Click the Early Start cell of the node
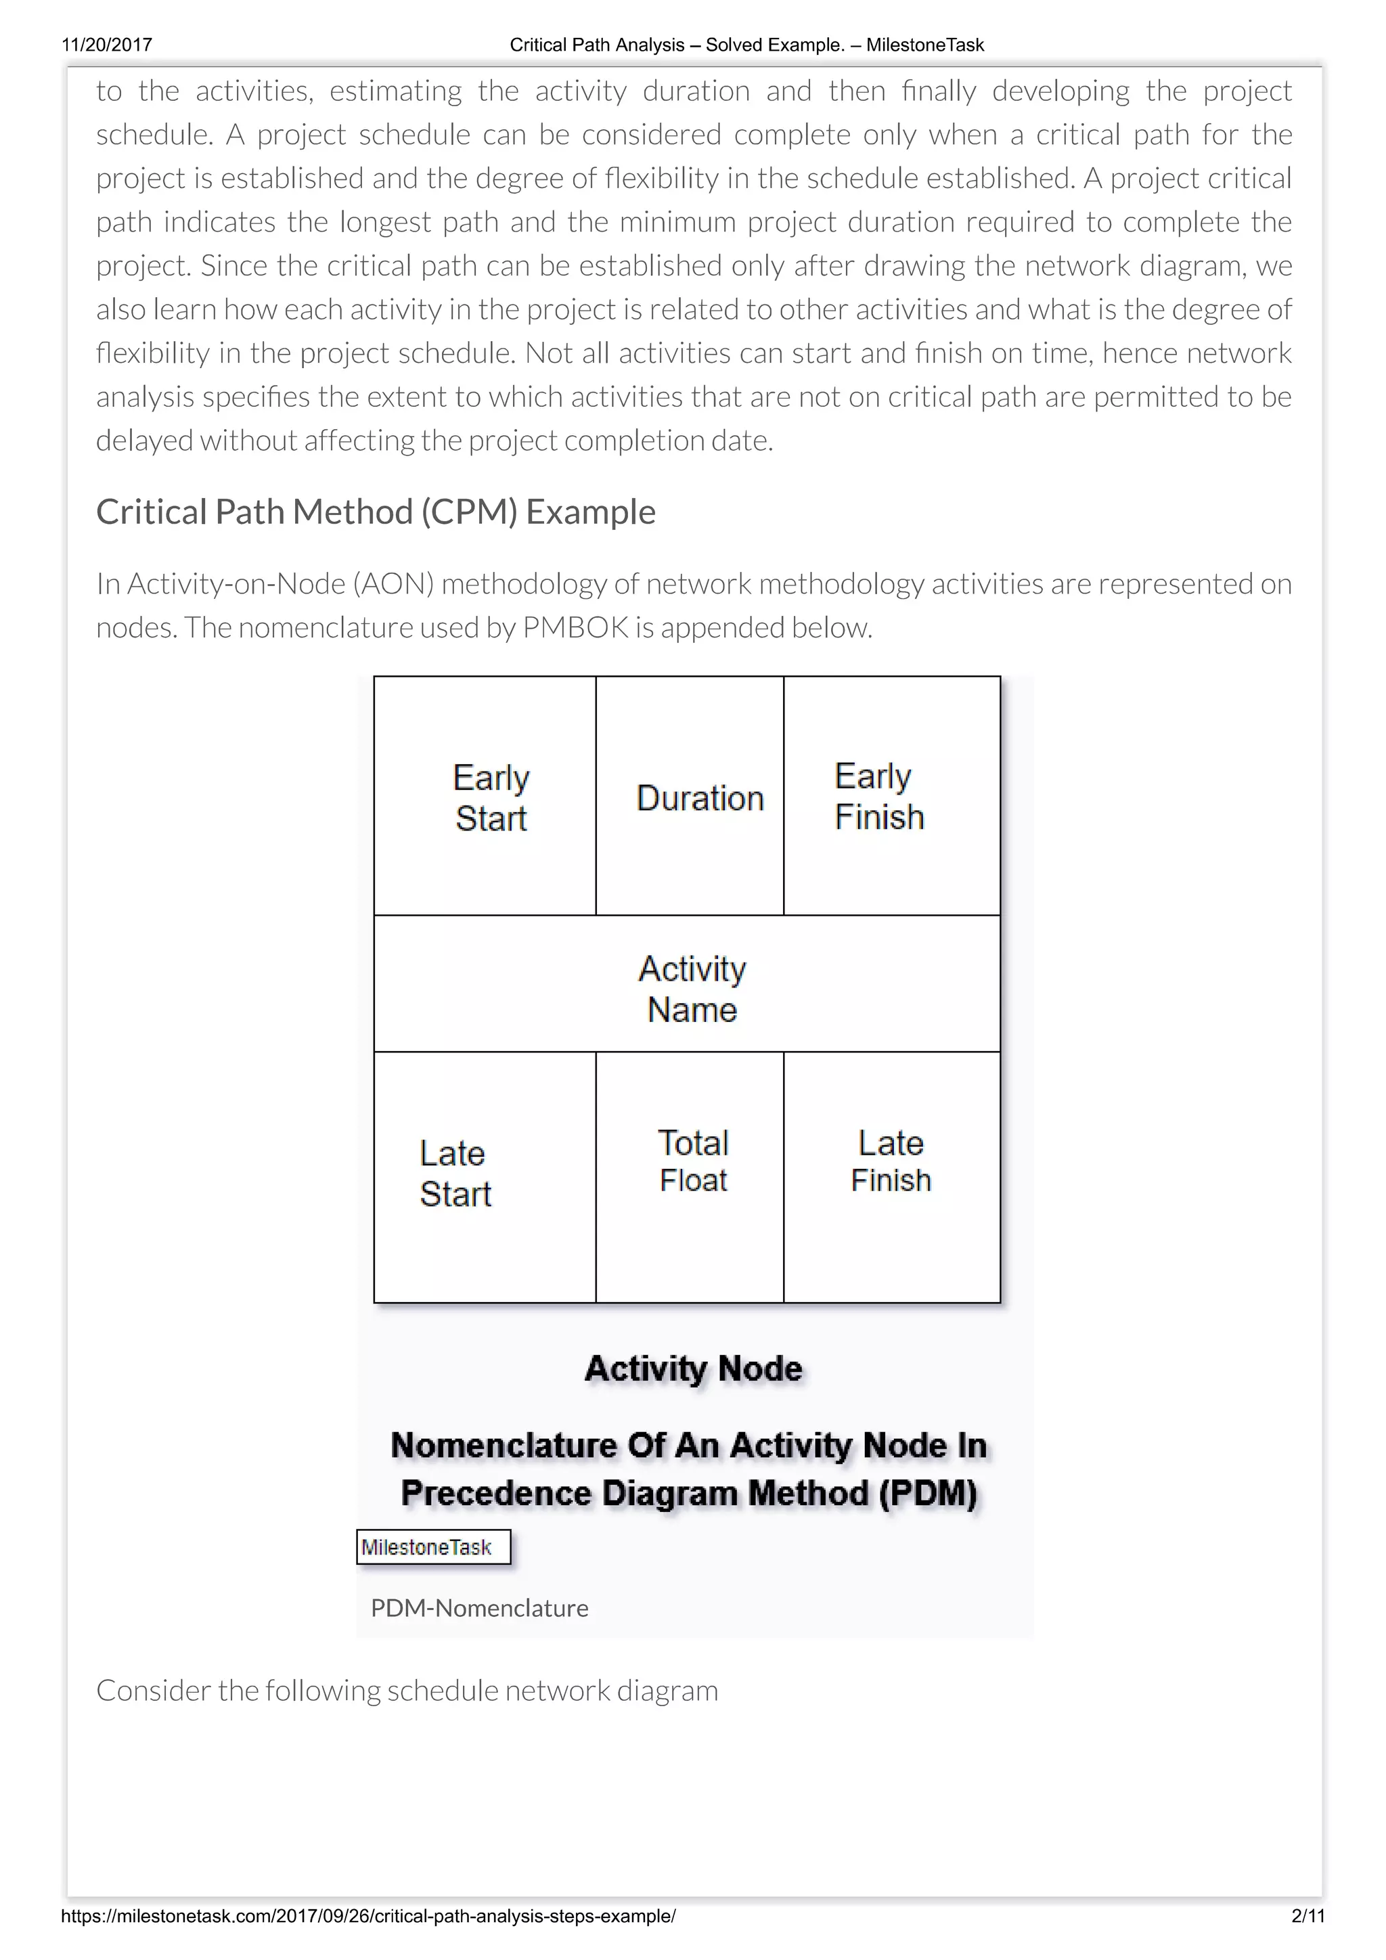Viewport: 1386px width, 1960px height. [485, 796]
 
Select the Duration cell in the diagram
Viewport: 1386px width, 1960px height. [690, 796]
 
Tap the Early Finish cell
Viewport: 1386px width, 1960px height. [891, 796]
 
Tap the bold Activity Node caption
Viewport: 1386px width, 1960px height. [693, 1368]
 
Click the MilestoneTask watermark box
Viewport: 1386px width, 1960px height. [434, 1547]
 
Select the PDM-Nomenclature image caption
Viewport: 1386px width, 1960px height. [480, 1608]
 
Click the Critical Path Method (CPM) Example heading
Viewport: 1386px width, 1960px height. [376, 512]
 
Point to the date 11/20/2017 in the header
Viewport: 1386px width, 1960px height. [107, 45]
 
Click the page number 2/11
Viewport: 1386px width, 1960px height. [1307, 1917]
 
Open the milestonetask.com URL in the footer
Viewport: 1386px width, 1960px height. [369, 1917]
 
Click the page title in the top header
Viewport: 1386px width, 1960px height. [746, 45]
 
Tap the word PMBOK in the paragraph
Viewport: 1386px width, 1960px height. [575, 627]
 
